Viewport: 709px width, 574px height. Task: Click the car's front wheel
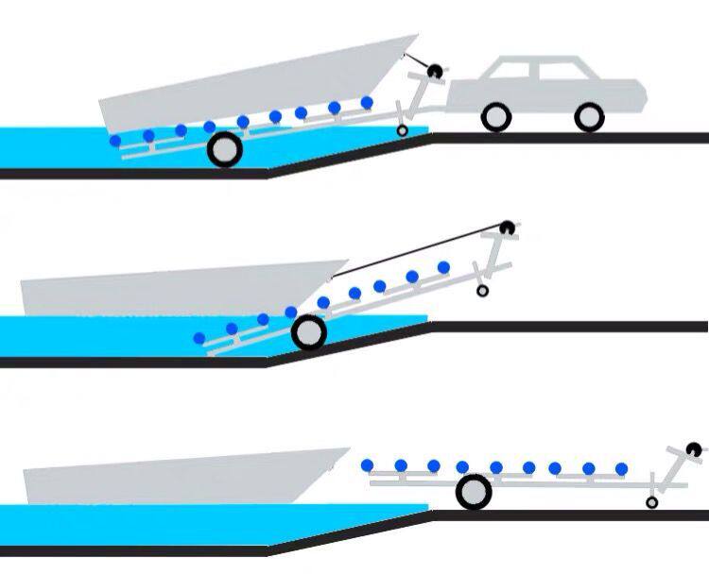(x=588, y=117)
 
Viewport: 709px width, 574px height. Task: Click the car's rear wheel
(x=496, y=117)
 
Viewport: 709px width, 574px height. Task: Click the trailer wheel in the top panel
(x=224, y=150)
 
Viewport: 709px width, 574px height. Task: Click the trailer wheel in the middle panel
(x=308, y=331)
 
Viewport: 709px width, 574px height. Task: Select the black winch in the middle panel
(x=508, y=227)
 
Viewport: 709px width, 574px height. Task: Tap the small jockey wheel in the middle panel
(x=482, y=292)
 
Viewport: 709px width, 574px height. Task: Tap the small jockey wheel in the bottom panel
(x=652, y=502)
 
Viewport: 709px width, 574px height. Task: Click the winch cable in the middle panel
(x=416, y=252)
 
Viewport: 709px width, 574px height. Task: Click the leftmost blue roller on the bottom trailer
(x=367, y=464)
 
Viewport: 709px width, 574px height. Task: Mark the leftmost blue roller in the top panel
(x=115, y=141)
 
